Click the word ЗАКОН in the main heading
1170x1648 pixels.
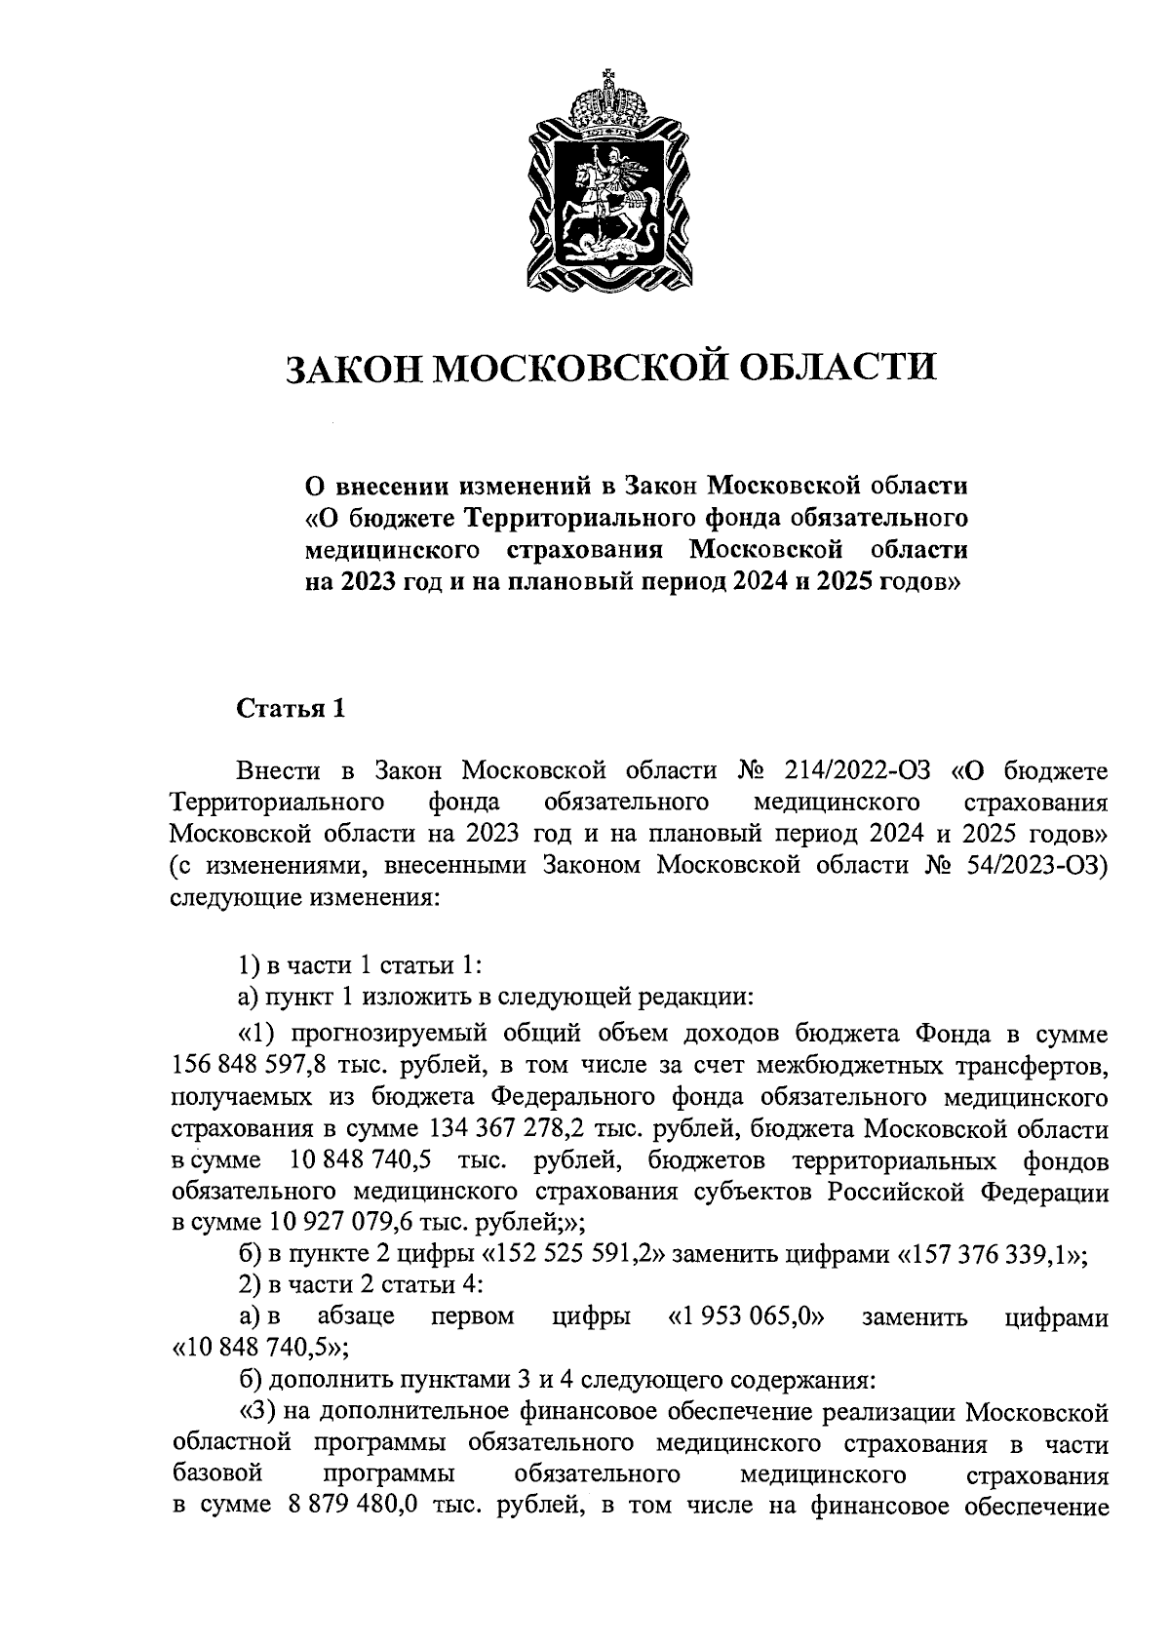(x=352, y=369)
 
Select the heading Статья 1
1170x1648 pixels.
(x=292, y=709)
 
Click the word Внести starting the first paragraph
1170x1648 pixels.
(x=278, y=771)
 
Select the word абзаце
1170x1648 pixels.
(x=356, y=1317)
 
